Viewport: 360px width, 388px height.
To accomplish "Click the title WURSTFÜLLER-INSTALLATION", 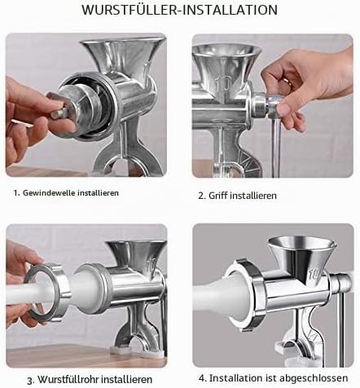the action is (x=180, y=9).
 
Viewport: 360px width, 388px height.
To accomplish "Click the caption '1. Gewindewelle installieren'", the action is (x=66, y=193).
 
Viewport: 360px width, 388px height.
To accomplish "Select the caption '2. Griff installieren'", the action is (x=237, y=196).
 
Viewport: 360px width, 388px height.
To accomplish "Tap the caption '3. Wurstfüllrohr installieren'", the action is (x=90, y=379).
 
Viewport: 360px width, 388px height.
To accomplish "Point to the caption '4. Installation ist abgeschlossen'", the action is (x=274, y=378).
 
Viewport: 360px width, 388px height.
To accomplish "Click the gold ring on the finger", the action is (x=288, y=82).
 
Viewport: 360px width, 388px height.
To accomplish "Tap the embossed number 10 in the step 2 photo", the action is (x=224, y=83).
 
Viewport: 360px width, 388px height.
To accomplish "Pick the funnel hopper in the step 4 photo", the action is (x=301, y=254).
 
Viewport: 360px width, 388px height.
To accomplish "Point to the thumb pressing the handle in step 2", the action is (x=283, y=110).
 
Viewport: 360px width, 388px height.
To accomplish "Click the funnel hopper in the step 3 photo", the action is (x=136, y=255).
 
